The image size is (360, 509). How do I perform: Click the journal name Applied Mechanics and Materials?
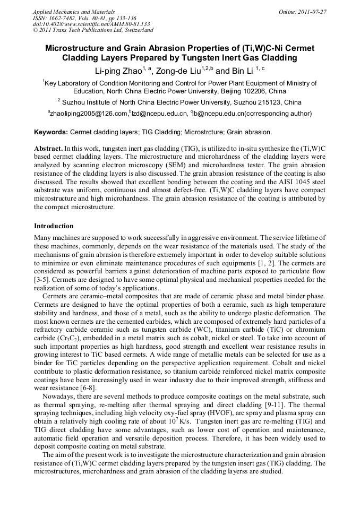coord(74,11)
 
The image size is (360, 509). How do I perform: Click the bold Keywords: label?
coord(51,132)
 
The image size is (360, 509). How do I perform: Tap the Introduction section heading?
coord(54,226)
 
